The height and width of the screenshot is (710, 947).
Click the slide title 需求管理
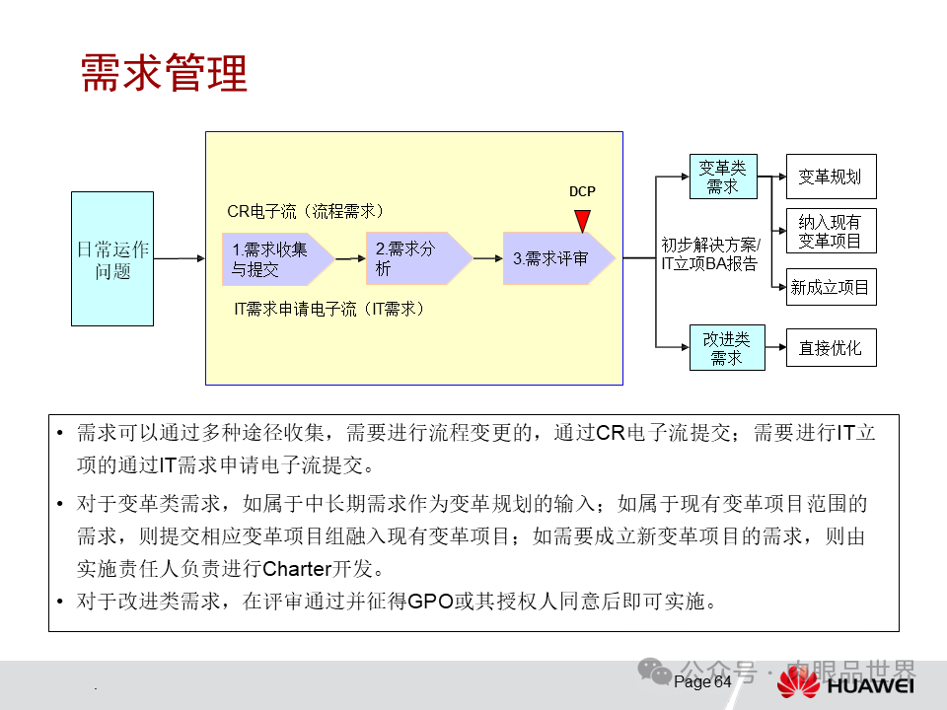pyautogui.click(x=163, y=73)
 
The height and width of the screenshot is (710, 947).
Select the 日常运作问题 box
pyautogui.click(x=112, y=258)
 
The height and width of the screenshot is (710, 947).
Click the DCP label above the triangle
pyautogui.click(x=582, y=191)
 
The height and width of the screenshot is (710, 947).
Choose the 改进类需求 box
pyautogui.click(x=726, y=348)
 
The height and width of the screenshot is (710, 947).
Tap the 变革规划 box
pyautogui.click(x=830, y=177)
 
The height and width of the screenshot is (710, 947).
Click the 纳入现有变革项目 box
pyautogui.click(x=830, y=232)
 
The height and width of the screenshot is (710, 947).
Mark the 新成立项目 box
pyautogui.click(x=830, y=287)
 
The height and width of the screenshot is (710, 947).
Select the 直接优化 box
pyautogui.click(x=830, y=348)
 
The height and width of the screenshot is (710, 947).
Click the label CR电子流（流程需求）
pyautogui.click(x=306, y=211)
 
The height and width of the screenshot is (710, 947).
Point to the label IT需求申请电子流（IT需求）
pyautogui.click(x=328, y=309)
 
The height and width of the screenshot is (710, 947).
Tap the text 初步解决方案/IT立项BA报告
pyautogui.click(x=710, y=253)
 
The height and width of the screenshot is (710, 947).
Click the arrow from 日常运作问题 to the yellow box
pyautogui.click(x=179, y=258)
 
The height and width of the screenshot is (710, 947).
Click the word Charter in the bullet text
pyautogui.click(x=301, y=569)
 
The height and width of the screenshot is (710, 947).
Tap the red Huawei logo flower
pyautogui.click(x=798, y=682)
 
